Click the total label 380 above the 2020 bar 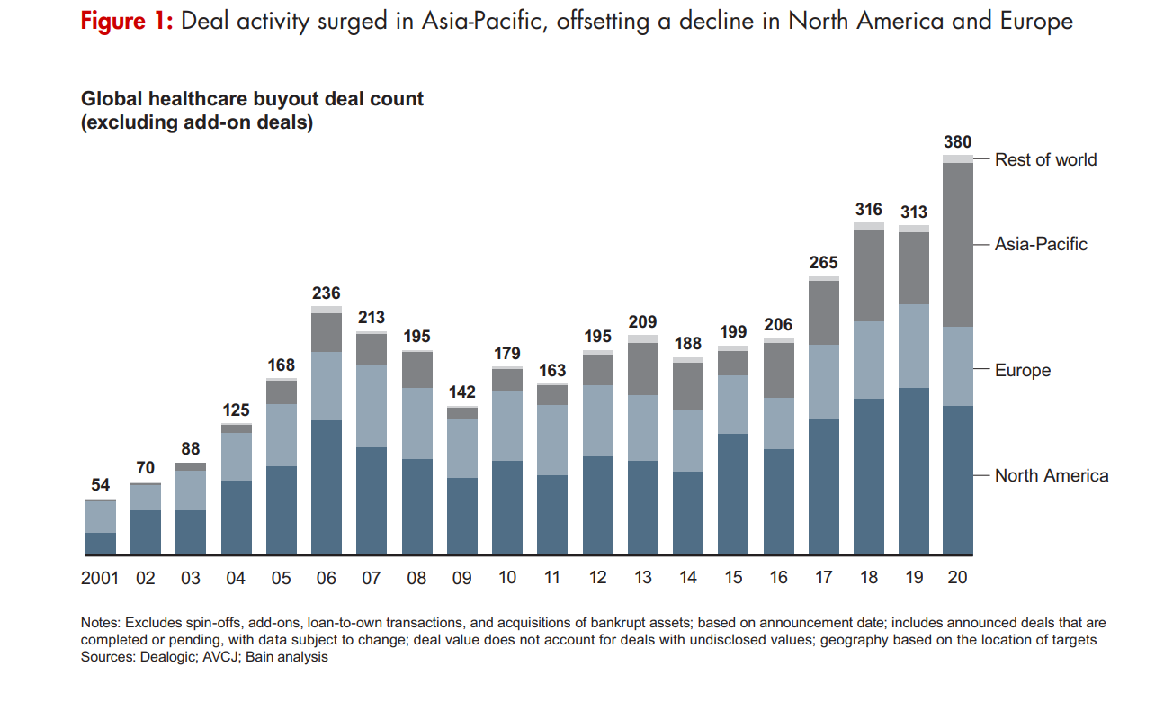tap(957, 141)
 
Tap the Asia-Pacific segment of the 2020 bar tap(958, 244)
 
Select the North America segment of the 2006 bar tap(327, 486)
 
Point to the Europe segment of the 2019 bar tap(914, 346)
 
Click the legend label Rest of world tap(1045, 159)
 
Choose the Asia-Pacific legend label tap(1041, 244)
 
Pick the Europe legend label tap(1022, 370)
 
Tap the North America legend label tap(1051, 475)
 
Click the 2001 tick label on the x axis tap(100, 578)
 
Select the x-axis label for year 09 tap(461, 578)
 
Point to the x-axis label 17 tap(823, 578)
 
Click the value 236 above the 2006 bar tap(327, 293)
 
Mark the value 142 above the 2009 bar tap(462, 392)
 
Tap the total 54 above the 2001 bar tap(101, 485)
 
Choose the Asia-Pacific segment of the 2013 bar tap(643, 369)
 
